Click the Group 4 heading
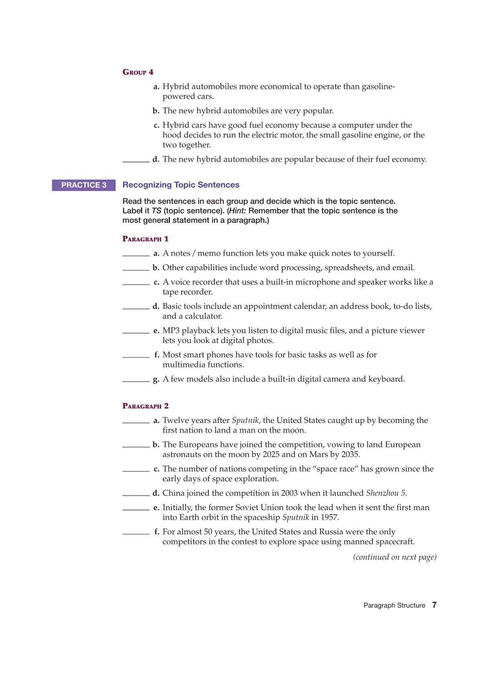(x=138, y=72)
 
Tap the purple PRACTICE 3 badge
(x=84, y=185)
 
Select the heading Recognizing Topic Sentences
(x=181, y=185)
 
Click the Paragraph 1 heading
(x=145, y=239)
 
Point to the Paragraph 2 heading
(x=145, y=406)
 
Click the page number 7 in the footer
(x=434, y=605)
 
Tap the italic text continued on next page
(x=394, y=557)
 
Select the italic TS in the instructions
(x=156, y=211)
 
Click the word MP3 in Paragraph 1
(x=171, y=330)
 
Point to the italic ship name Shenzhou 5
(x=386, y=493)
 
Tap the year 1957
(x=329, y=517)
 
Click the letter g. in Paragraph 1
(x=156, y=379)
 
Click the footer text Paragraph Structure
(x=394, y=605)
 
